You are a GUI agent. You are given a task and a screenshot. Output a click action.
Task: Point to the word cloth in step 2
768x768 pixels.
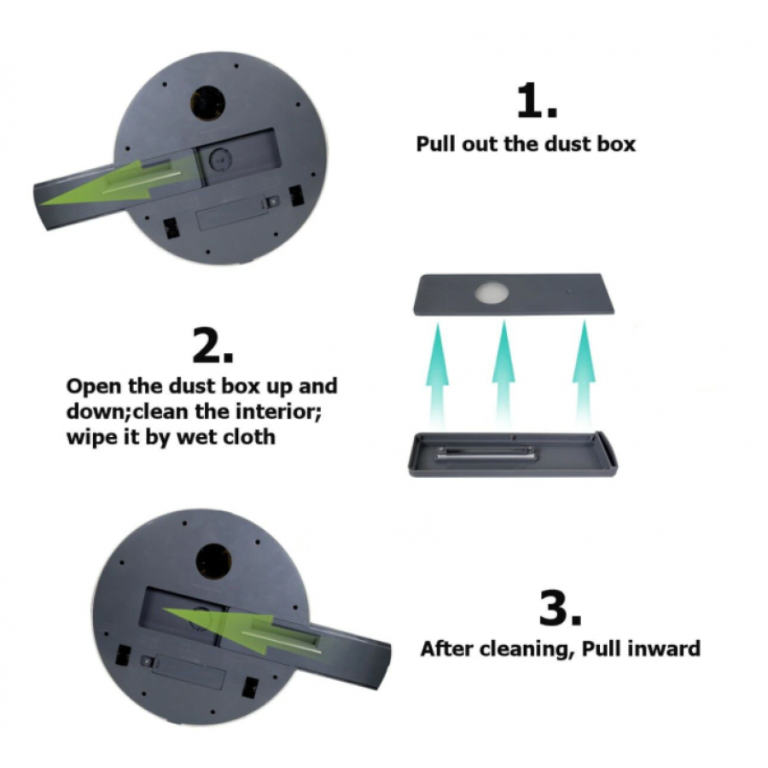249,436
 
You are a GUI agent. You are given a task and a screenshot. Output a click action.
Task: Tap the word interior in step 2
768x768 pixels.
277,411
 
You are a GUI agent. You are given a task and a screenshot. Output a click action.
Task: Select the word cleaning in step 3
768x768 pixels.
523,650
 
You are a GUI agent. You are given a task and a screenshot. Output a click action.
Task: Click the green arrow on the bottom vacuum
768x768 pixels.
241,628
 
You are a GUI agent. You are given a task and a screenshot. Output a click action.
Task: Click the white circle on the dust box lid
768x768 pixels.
492,293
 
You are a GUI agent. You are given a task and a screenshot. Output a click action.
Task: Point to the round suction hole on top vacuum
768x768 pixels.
207,103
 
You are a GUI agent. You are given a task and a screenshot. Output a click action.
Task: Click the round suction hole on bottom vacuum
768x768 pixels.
214,561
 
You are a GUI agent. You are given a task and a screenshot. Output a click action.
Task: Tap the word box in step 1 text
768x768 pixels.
616,144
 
